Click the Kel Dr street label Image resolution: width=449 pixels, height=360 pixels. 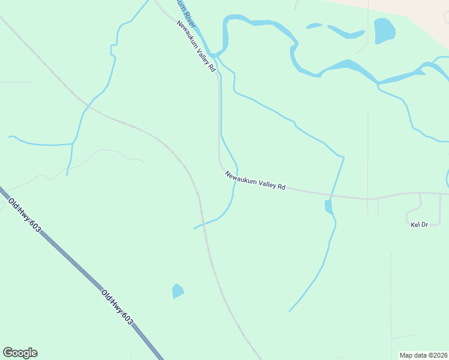pos(418,225)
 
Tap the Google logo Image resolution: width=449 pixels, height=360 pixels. pos(20,353)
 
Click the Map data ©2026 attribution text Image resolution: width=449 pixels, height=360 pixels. pos(423,355)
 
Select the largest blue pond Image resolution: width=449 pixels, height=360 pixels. pos(384,31)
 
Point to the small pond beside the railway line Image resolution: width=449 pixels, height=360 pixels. pos(178,292)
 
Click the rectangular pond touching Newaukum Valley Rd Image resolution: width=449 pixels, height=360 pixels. pos(328,207)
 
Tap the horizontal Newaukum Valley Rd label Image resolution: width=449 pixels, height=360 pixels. pos(255,181)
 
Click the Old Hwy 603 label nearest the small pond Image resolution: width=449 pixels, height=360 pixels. pos(117,308)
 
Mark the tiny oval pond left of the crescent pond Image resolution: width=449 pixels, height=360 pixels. pos(314,26)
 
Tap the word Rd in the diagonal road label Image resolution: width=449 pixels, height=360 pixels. pos(211,67)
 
